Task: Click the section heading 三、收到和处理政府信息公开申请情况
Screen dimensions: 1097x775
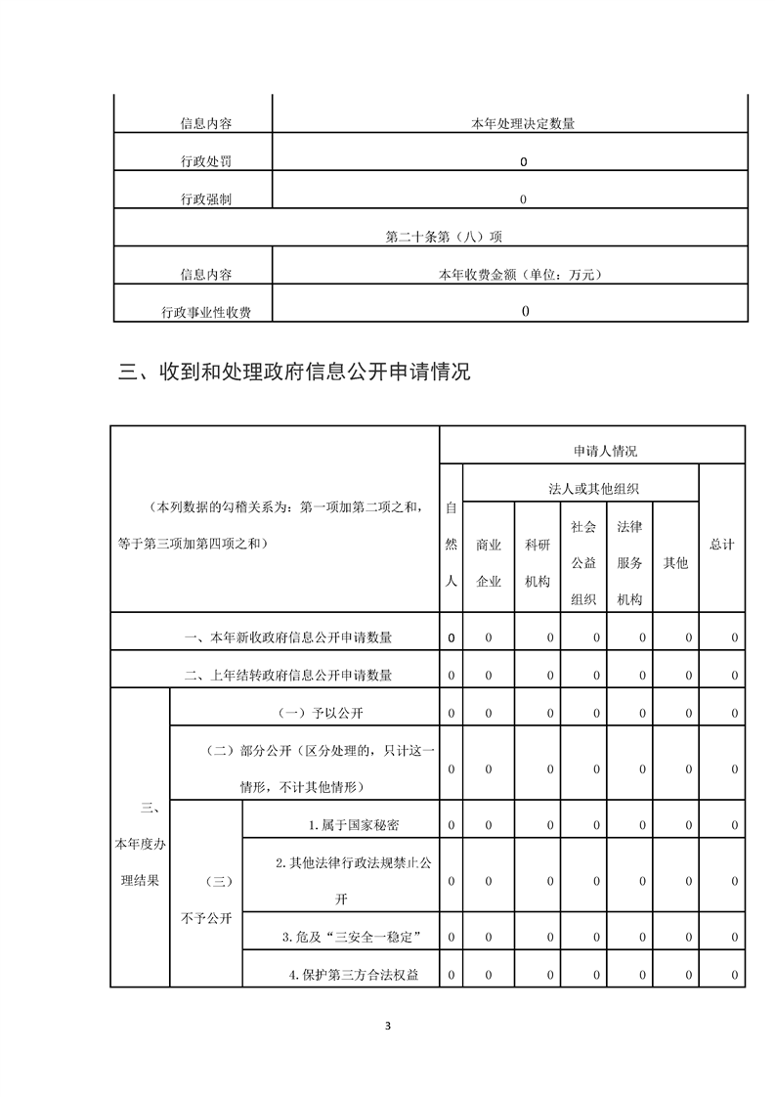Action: pos(294,373)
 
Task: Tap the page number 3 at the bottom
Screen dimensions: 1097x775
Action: pos(388,1026)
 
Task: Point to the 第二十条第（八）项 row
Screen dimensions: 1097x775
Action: pos(431,237)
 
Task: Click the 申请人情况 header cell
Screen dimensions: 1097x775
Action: pos(605,451)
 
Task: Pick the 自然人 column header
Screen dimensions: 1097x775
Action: pos(452,544)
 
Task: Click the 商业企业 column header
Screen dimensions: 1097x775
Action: pos(489,563)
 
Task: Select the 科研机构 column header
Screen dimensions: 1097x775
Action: pos(538,563)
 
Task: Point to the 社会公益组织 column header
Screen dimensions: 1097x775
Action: pos(583,563)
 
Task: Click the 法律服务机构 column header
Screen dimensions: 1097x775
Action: pos(629,563)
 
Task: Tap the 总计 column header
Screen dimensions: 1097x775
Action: pos(721,545)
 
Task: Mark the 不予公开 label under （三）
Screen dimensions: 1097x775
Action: pos(205,918)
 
